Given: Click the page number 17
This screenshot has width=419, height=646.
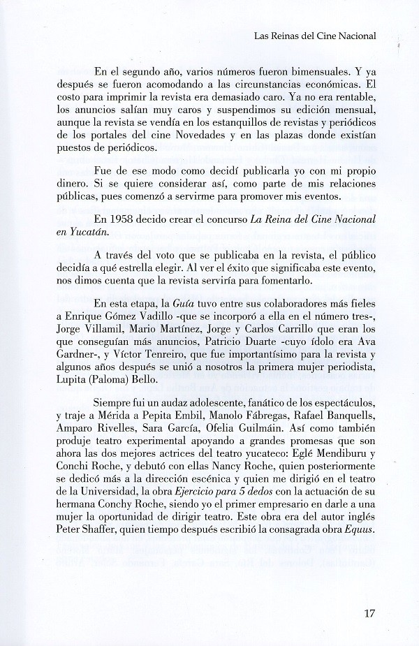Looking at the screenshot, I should pyautogui.click(x=370, y=615).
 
